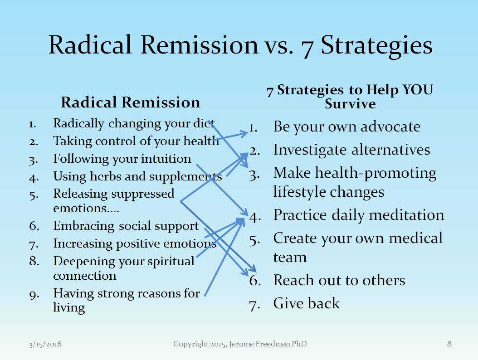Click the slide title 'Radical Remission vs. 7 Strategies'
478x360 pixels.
[240, 45]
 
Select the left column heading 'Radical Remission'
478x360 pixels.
[131, 102]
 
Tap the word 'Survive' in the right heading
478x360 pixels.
[350, 104]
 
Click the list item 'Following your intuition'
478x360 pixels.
[122, 159]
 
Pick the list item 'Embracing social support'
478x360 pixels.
[126, 226]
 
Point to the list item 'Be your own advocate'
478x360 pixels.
[346, 127]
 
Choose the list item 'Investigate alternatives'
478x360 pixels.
[351, 150]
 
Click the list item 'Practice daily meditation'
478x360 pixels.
[358, 215]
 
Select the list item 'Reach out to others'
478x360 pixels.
[339, 280]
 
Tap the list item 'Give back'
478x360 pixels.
[307, 303]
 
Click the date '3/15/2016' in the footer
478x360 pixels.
[45, 344]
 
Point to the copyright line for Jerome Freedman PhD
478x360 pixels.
[240, 344]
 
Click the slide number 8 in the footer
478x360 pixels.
[449, 344]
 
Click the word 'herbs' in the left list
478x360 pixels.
[103, 176]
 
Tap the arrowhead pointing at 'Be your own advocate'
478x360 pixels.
[244, 133]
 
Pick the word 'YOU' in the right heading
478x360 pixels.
[418, 90]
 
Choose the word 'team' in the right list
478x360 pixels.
[290, 258]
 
